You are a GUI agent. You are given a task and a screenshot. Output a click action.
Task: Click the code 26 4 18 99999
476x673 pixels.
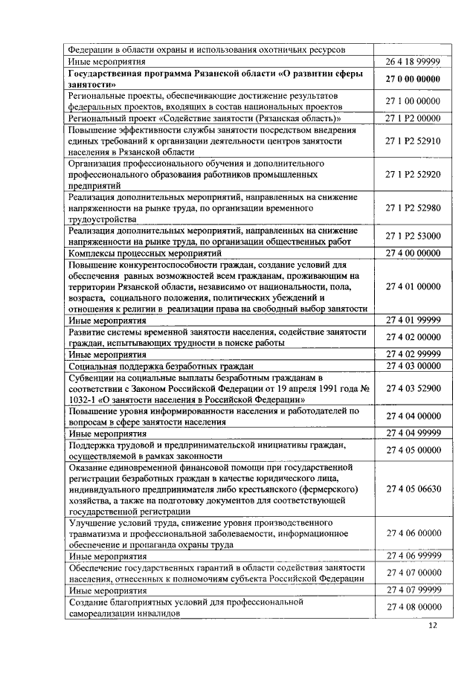(x=413, y=62)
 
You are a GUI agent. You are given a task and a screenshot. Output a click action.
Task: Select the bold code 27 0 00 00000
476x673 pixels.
(x=413, y=79)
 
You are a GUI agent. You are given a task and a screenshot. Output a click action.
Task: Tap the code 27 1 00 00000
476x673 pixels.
(x=413, y=101)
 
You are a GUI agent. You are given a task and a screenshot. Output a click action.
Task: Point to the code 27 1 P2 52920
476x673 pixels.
(x=413, y=175)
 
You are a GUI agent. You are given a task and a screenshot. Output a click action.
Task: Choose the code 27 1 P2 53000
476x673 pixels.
(x=413, y=236)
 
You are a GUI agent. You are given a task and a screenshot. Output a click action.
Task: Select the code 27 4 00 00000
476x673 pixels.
(x=413, y=254)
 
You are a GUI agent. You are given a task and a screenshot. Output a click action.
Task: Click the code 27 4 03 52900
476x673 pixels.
(x=413, y=388)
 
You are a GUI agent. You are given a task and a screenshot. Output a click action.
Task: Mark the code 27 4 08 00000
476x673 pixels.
(x=413, y=607)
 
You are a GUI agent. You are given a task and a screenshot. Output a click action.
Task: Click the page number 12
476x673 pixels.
(x=433, y=626)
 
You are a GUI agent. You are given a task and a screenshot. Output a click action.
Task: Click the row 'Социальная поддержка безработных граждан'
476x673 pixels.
(x=161, y=367)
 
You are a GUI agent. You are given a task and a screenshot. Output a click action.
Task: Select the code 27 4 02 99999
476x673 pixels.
(x=413, y=355)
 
